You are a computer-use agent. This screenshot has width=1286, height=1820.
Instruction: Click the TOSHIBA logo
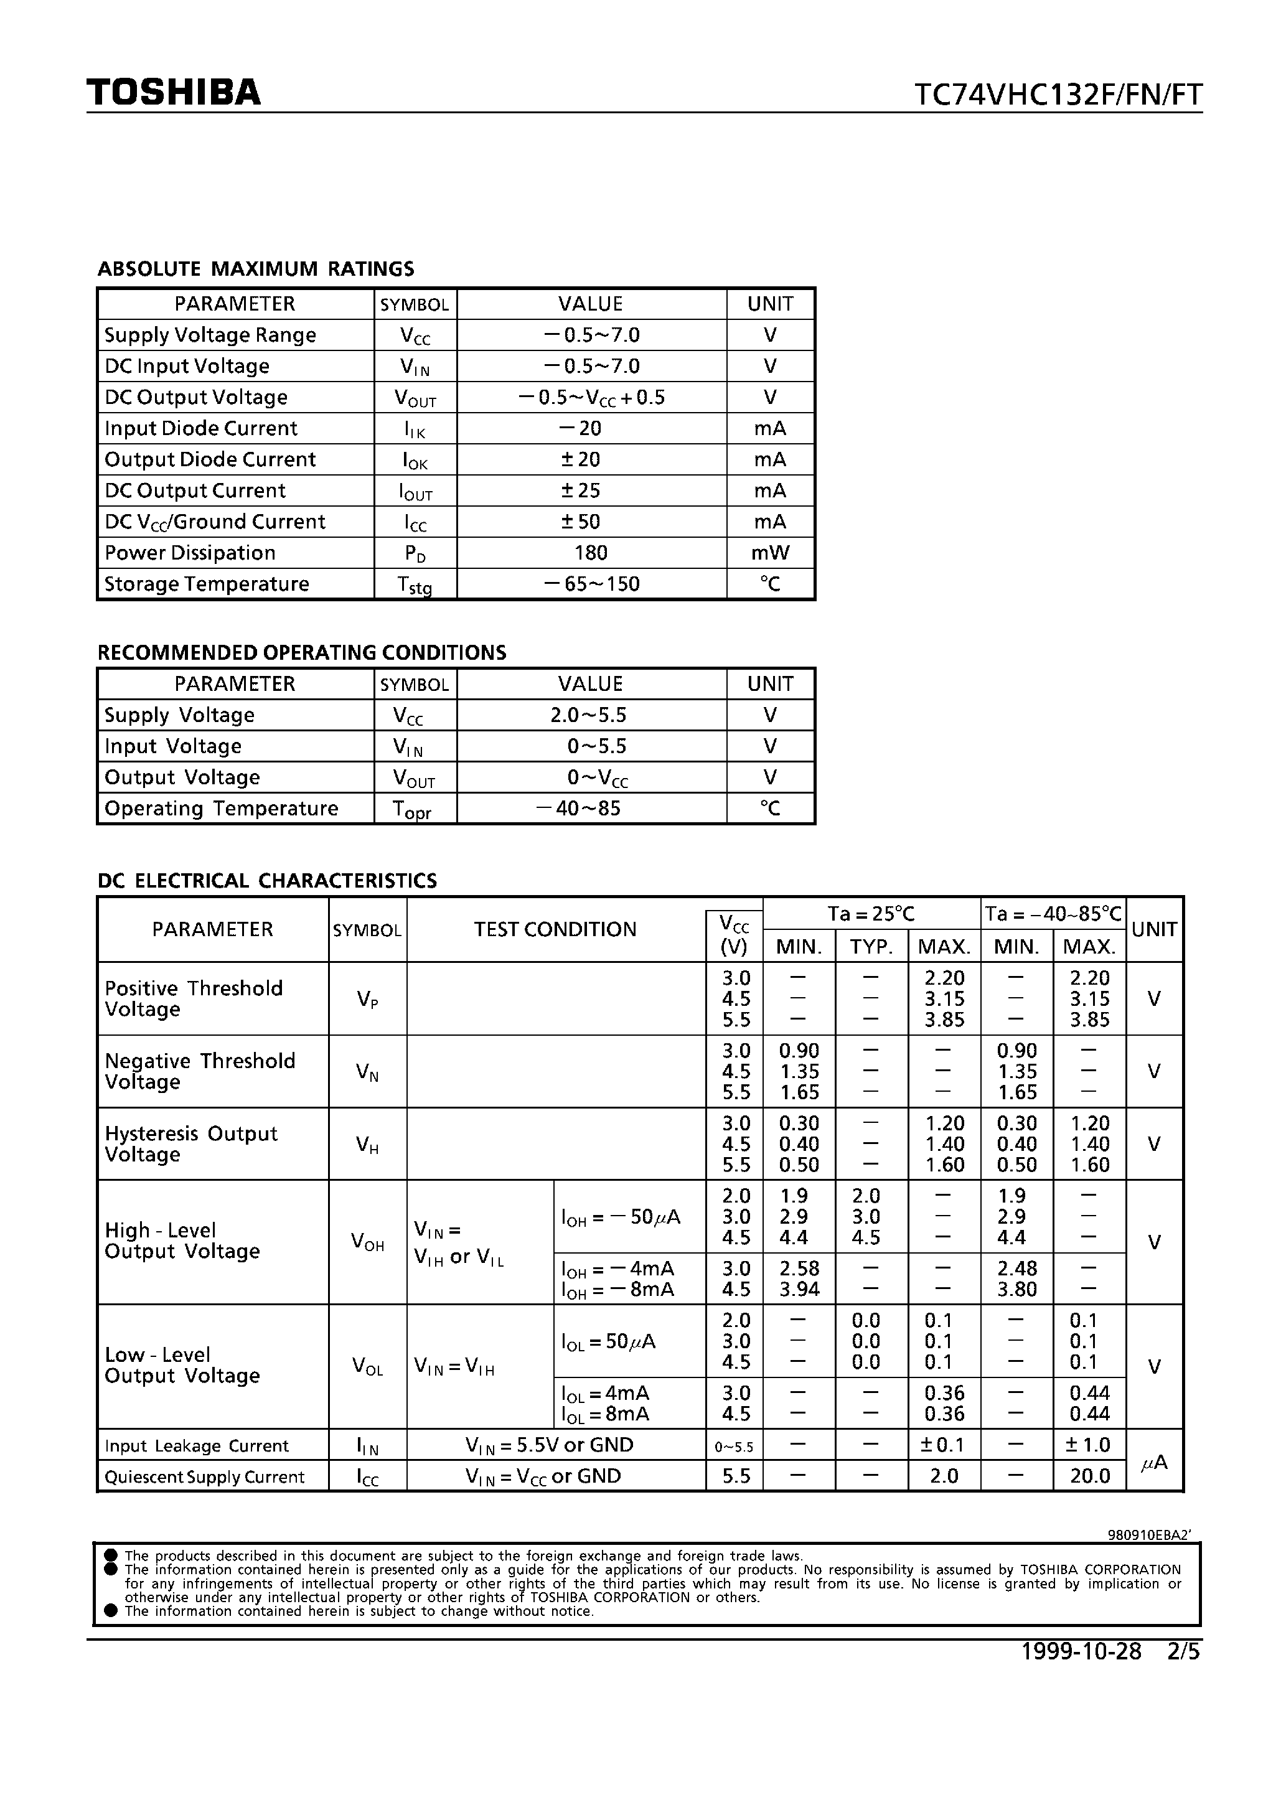(x=174, y=93)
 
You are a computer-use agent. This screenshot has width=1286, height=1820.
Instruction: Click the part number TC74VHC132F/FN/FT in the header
(x=1058, y=95)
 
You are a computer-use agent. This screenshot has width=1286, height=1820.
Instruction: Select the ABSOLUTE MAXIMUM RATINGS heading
(x=255, y=269)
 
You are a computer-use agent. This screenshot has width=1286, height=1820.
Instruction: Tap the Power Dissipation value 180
(x=591, y=553)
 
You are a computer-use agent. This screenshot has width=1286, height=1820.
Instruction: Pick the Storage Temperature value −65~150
(x=591, y=584)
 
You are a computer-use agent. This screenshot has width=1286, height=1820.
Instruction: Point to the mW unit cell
(x=770, y=553)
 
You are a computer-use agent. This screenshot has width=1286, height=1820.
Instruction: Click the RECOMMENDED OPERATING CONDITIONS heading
(x=301, y=652)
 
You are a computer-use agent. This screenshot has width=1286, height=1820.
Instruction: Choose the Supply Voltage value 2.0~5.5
(x=588, y=715)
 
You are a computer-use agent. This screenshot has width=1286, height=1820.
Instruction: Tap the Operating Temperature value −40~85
(x=578, y=809)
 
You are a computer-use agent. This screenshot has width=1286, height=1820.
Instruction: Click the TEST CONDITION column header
(x=555, y=929)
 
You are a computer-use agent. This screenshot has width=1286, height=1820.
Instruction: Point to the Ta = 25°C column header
(x=871, y=914)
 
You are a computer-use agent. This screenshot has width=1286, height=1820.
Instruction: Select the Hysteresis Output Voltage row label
(x=191, y=1144)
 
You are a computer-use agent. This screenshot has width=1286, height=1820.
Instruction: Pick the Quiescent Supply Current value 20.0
(x=1089, y=1476)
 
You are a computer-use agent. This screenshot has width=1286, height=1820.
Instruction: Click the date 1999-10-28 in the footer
(x=1081, y=1651)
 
